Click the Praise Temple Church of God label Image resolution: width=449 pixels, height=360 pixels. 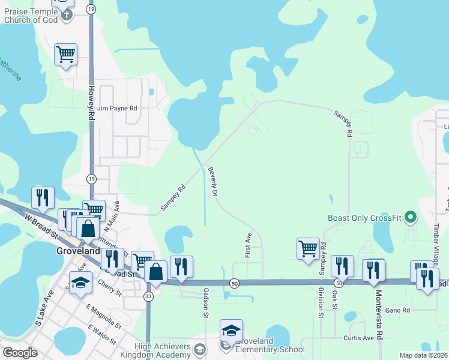[31, 15]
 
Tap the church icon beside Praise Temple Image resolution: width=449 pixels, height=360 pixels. [67, 14]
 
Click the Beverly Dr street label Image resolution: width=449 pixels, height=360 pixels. [212, 181]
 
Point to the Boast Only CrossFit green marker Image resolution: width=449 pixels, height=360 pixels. [411, 217]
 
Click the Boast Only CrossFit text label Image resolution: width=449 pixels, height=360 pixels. [364, 218]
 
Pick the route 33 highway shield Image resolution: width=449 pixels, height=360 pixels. [148, 296]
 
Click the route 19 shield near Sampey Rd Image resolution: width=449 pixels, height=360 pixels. [91, 178]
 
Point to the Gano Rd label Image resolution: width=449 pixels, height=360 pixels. [397, 310]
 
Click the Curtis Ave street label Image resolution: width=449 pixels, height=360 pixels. [358, 338]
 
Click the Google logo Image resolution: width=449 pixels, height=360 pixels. [20, 353]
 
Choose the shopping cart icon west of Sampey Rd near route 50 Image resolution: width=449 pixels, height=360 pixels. [308, 248]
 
